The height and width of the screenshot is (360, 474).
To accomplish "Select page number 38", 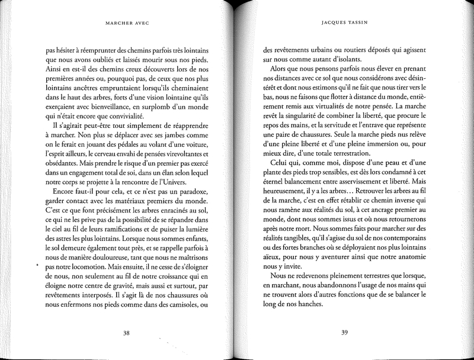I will (126, 333).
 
